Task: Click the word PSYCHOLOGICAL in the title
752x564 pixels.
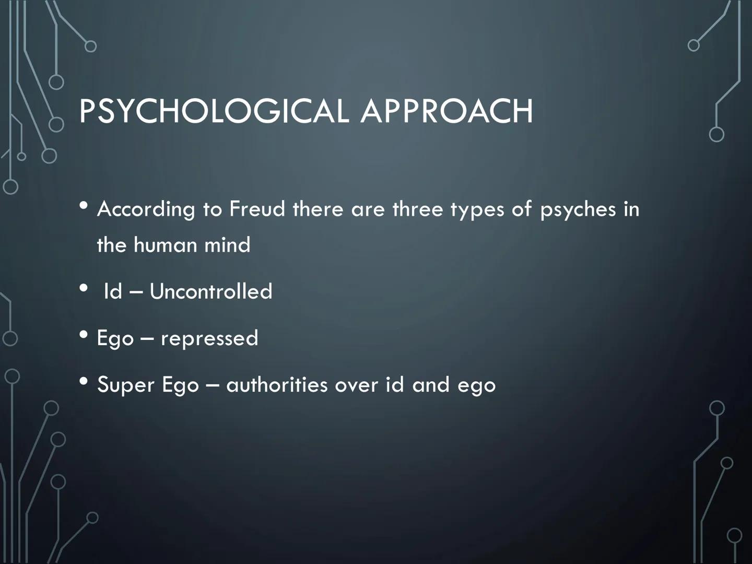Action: click(x=214, y=111)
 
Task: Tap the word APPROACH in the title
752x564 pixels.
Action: click(x=446, y=111)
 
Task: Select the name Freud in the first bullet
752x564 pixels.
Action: click(x=257, y=208)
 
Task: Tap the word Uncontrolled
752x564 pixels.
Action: click(x=210, y=291)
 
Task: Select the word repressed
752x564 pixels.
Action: click(x=209, y=339)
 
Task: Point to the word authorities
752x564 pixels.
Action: click(x=277, y=384)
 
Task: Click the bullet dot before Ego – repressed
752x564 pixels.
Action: click(x=84, y=335)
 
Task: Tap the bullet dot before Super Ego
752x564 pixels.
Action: click(x=84, y=381)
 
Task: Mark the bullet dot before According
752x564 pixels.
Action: click(x=84, y=205)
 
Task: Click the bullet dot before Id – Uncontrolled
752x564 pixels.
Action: click(x=84, y=288)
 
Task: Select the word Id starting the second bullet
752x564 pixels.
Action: click(x=113, y=291)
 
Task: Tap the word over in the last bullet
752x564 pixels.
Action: click(x=357, y=386)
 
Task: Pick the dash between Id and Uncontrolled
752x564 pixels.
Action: click(x=136, y=293)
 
